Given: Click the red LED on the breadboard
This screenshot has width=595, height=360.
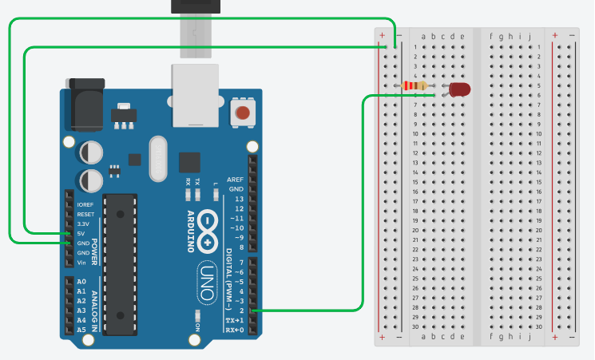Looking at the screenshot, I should click(459, 89).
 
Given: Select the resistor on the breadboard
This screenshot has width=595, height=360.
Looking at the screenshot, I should click(415, 86).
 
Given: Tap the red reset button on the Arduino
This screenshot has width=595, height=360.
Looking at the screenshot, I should click(240, 113).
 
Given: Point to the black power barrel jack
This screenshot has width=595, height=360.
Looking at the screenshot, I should click(85, 104).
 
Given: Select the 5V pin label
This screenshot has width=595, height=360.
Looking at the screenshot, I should click(80, 233).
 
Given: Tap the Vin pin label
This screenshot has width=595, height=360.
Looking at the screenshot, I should click(81, 263).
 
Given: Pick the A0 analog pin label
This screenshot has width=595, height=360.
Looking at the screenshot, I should click(81, 282).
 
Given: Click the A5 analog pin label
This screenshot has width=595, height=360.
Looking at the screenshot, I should click(81, 329).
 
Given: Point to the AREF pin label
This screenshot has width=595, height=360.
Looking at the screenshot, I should click(236, 180).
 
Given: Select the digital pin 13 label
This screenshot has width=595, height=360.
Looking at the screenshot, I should click(237, 199).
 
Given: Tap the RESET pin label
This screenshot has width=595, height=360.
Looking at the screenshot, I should click(85, 214).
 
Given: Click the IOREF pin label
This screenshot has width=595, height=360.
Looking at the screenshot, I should click(85, 204).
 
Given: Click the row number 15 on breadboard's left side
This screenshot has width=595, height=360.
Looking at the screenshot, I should click(415, 182).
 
